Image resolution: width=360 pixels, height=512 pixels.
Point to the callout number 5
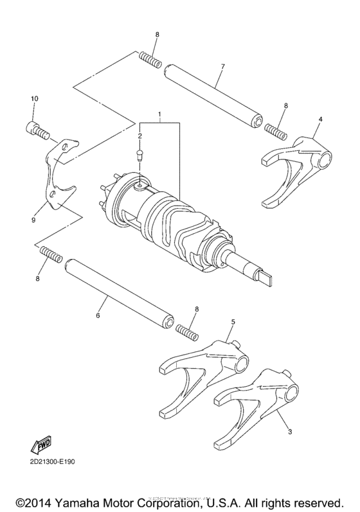232,320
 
